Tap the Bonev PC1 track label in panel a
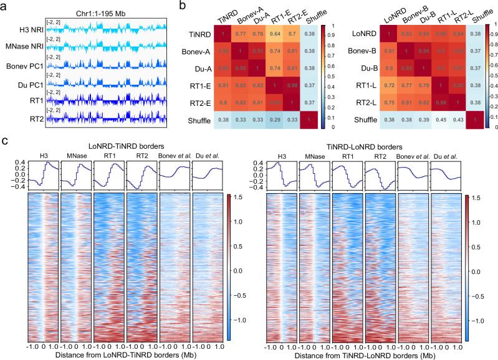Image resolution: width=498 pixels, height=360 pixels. point(24,65)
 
